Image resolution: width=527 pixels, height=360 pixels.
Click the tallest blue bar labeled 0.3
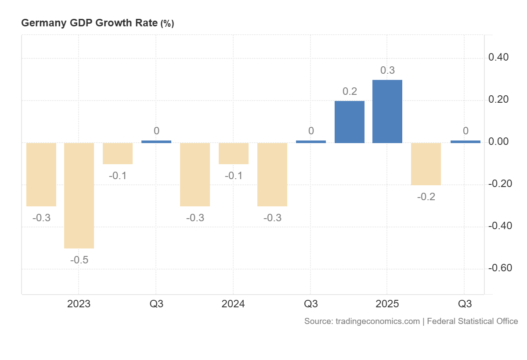[387, 112]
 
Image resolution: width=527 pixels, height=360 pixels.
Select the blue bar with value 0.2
[349, 122]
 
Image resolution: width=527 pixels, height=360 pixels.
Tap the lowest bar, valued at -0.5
[79, 195]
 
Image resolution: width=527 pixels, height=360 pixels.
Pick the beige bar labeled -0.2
[426, 164]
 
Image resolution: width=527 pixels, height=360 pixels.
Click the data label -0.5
[79, 260]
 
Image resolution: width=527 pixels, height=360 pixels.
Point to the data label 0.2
[350, 92]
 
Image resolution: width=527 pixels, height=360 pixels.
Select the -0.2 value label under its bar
[426, 197]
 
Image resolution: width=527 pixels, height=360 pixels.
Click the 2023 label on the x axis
[79, 304]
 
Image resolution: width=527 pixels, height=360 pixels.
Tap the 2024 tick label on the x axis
[233, 304]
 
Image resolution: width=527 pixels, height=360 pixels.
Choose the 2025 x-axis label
[387, 304]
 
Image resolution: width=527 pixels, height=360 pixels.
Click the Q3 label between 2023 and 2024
[156, 304]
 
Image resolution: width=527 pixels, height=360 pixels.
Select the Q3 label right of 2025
[465, 304]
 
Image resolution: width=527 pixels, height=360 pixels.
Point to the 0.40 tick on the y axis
[501, 58]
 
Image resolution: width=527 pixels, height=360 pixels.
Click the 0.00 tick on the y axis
[501, 142]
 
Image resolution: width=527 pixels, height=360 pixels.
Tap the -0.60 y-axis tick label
[500, 268]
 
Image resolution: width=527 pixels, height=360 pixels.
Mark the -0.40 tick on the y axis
[500, 226]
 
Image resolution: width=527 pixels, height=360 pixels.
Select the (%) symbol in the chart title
[167, 24]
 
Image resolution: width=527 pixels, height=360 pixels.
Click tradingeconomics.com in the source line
[377, 321]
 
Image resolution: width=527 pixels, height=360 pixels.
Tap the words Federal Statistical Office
[472, 321]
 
